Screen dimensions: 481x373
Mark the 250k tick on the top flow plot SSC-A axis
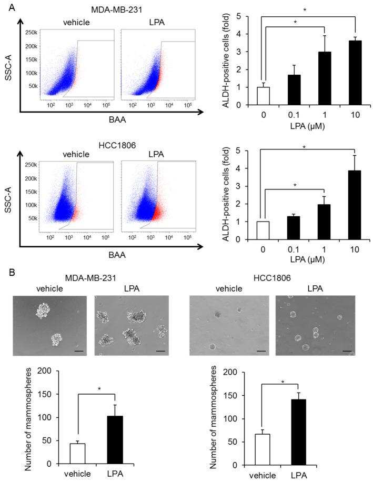click(31, 33)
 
